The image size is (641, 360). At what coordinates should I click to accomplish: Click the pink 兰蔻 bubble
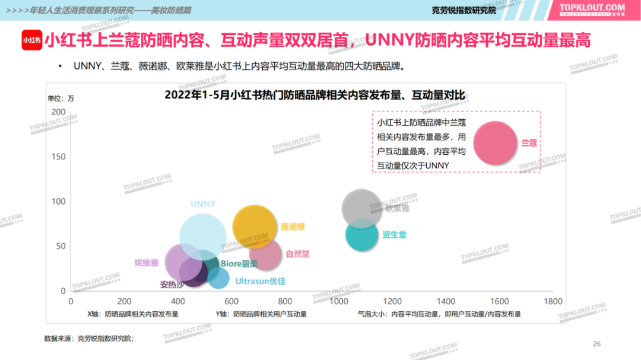(495, 143)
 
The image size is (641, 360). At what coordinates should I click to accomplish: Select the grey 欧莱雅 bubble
(361, 209)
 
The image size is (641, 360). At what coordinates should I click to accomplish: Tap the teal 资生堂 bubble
(361, 234)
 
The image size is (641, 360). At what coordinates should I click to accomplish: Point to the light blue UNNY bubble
(203, 237)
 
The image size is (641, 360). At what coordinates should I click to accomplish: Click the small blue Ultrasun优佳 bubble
(218, 278)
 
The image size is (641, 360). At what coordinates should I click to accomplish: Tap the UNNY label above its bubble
(203, 204)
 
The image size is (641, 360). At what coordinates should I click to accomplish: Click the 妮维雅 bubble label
(147, 263)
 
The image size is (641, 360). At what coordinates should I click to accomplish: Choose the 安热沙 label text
(172, 284)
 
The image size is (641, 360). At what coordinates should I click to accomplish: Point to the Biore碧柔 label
(239, 264)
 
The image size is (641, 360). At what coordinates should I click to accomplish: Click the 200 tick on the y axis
(59, 111)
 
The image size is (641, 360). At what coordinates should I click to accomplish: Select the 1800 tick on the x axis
(553, 301)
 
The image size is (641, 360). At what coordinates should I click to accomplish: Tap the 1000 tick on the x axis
(339, 301)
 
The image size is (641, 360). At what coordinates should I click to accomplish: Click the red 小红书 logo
(31, 40)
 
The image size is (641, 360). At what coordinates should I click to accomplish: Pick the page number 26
(597, 344)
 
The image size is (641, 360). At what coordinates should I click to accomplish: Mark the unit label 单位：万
(61, 98)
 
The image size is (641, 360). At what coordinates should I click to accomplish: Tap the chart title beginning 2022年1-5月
(315, 95)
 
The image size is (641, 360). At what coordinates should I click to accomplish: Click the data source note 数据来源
(89, 338)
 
